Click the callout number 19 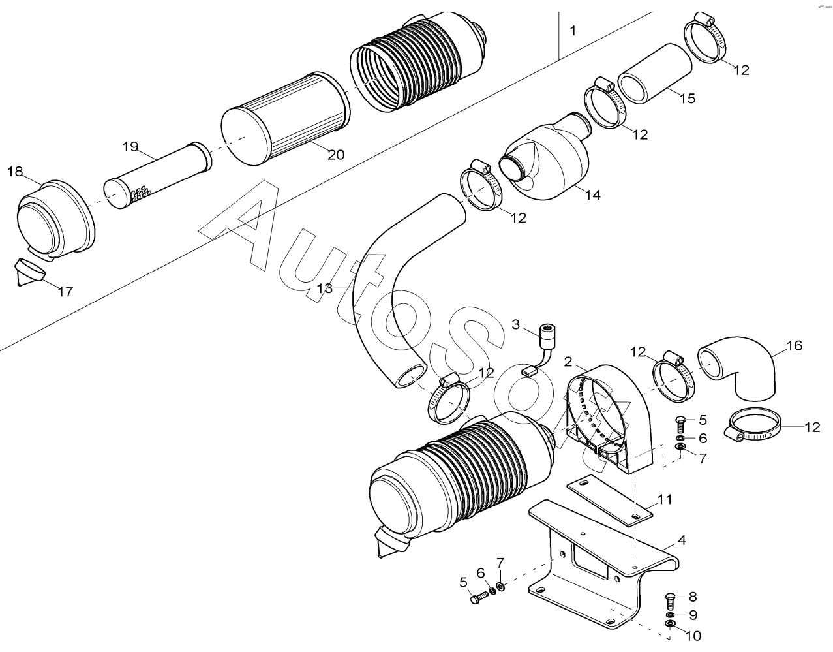(130, 146)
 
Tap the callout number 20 (336, 155)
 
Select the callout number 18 (15, 172)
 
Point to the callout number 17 (65, 292)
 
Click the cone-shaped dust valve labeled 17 (30, 272)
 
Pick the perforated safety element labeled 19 (158, 175)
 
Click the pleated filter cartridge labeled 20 (286, 118)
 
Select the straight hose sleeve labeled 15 (655, 74)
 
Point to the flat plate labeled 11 (609, 499)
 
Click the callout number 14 (592, 195)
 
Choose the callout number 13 (325, 288)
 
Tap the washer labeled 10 (670, 634)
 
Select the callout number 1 (573, 31)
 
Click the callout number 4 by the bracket (681, 540)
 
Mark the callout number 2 (568, 362)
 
